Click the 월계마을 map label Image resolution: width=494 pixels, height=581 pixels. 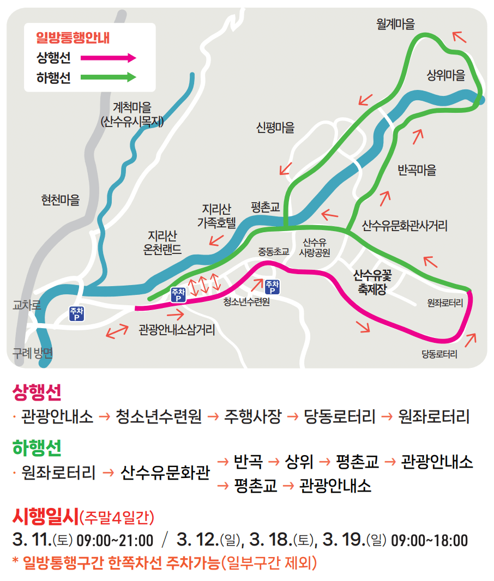click(x=395, y=24)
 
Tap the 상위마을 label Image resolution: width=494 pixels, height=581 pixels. click(x=446, y=76)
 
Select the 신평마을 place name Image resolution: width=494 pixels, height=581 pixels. click(x=275, y=128)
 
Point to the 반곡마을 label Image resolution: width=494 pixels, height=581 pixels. click(x=417, y=170)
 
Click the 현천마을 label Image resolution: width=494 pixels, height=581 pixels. click(x=61, y=200)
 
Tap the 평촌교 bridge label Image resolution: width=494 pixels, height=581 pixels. click(x=266, y=207)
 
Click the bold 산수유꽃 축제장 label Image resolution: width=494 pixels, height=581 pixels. click(x=372, y=282)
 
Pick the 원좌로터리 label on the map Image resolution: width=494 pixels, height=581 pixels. click(x=445, y=302)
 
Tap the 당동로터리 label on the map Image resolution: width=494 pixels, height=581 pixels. click(x=439, y=354)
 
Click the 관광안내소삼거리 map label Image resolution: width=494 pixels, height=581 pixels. click(x=177, y=330)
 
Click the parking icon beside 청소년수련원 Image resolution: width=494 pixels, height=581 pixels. click(x=272, y=286)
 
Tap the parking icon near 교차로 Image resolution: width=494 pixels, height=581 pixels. click(x=76, y=313)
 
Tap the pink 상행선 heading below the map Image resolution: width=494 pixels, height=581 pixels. click(x=37, y=391)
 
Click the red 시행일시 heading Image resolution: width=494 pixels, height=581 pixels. click(x=45, y=515)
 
